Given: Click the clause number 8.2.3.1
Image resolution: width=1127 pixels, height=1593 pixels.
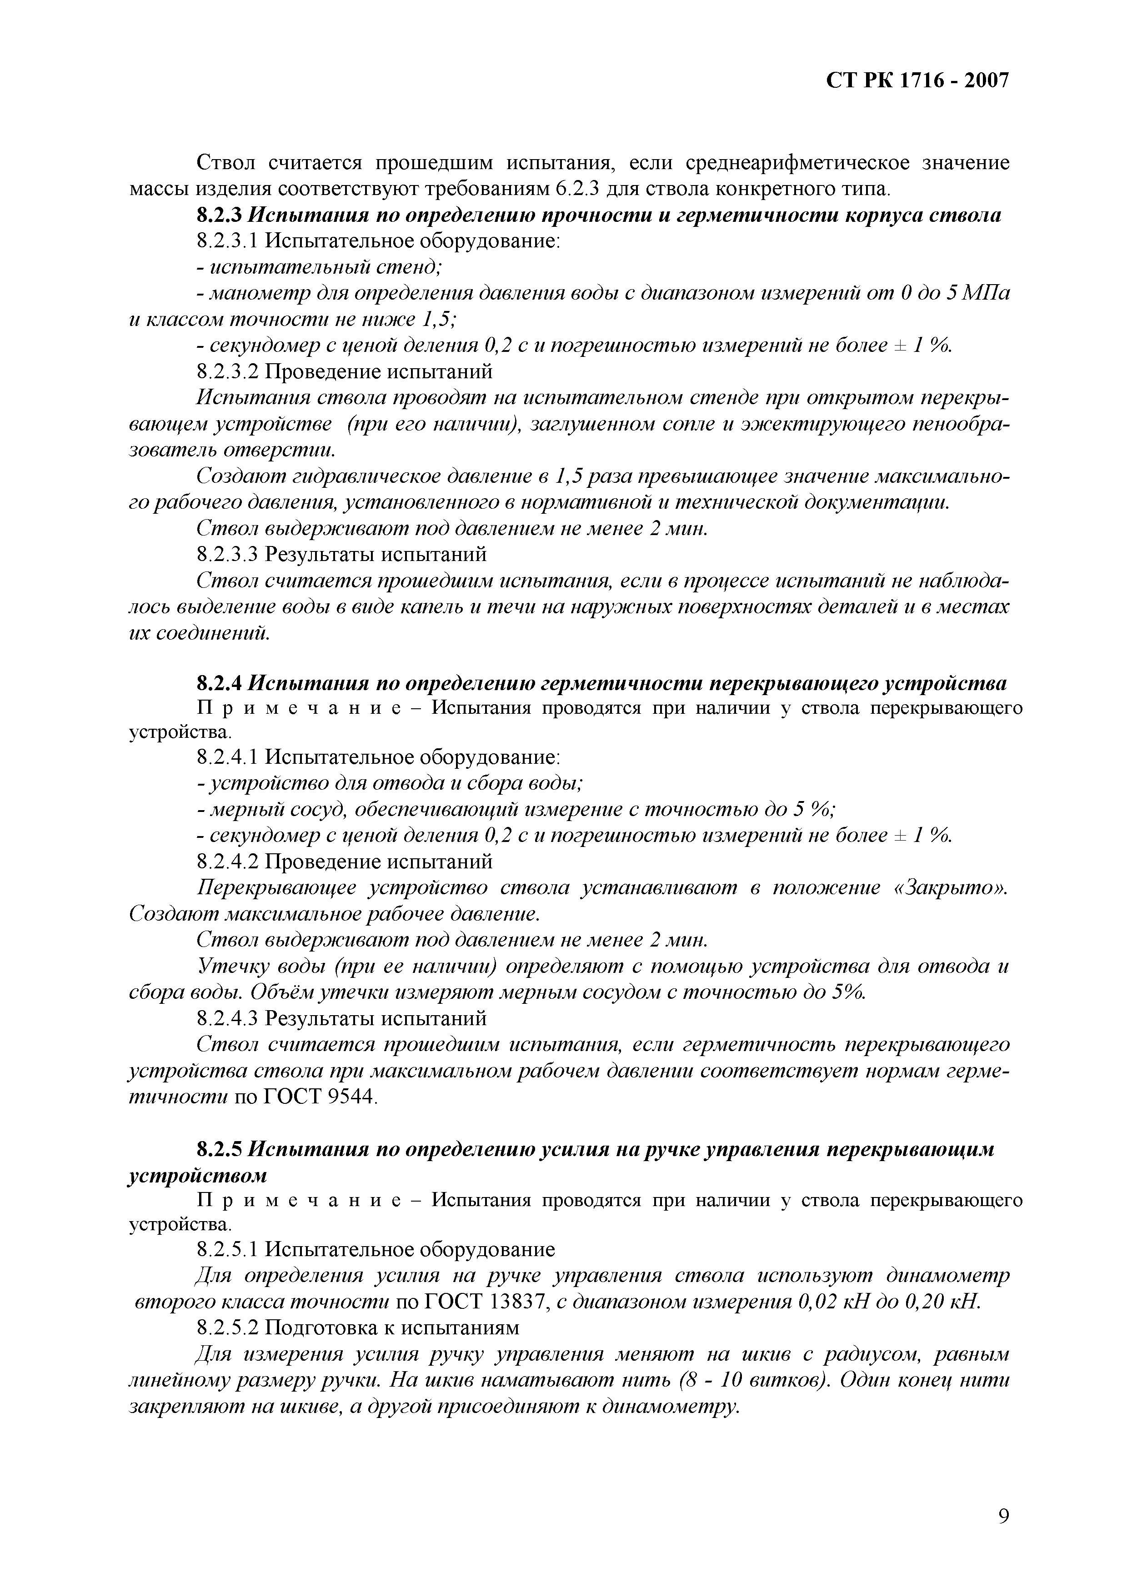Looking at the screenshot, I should [227, 241].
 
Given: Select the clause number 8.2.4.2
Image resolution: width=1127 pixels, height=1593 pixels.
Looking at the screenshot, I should [227, 862].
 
